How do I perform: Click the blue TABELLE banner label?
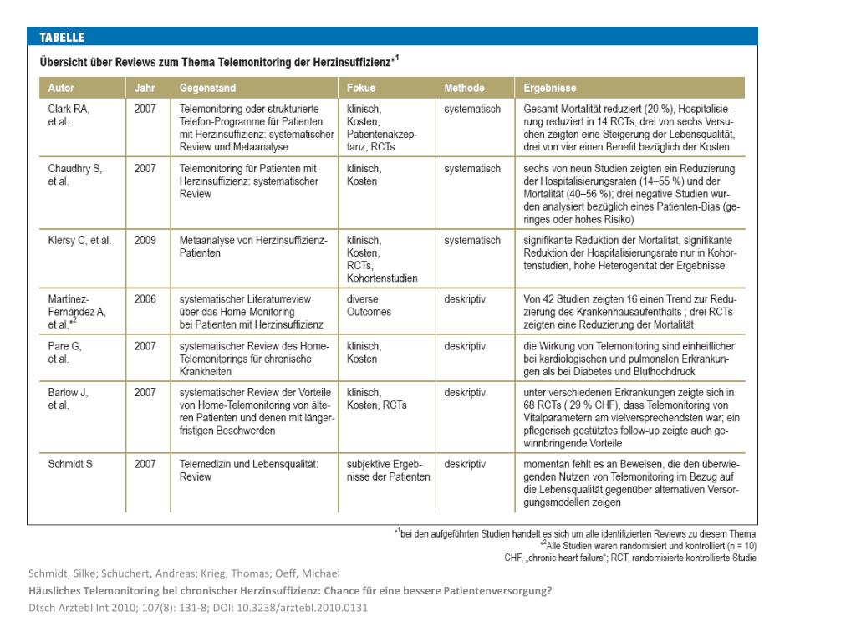pos(63,38)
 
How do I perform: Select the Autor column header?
pos(61,88)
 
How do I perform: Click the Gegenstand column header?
pos(207,88)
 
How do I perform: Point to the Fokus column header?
pos(361,88)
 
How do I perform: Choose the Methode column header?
pos(464,88)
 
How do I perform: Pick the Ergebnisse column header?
pos(549,88)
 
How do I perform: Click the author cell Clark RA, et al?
pos(69,115)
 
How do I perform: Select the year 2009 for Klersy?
pos(145,241)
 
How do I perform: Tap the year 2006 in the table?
pos(145,299)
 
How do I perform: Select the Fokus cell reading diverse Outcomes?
pos(369,305)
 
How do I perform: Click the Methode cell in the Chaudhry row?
pos(472,168)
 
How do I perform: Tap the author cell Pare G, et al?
pos(65,351)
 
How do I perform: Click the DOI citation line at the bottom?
pos(197,608)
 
